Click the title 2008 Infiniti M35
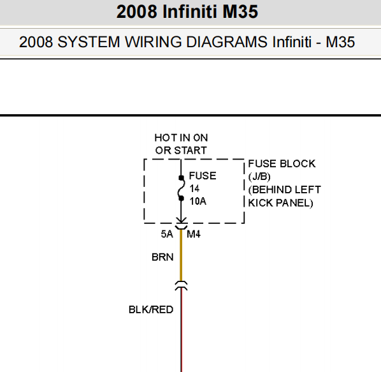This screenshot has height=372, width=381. pos(187,11)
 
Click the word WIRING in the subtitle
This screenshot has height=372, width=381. pos(153,42)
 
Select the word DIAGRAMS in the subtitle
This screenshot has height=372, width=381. pos(227,42)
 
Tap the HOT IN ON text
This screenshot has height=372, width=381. pos(182,138)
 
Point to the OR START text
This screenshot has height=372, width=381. pos(181,151)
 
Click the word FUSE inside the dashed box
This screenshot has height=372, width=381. pos(203,176)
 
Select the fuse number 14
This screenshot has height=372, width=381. pos(194,189)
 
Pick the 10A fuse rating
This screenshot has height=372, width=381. pos(198,202)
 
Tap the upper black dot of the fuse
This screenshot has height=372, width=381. pos(182,178)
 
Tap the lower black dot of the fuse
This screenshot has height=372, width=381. pos(182,198)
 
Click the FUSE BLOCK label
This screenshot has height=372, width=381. pos(282,164)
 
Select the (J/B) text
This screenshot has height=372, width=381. pos(259,177)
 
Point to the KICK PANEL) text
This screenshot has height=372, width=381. pos(280,203)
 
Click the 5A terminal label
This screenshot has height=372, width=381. pos(167,234)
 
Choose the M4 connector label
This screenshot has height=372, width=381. pos(194,234)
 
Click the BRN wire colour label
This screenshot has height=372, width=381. pos(162,257)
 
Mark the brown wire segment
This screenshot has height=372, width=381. pos(181,255)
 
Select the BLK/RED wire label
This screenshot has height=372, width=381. pos(151,309)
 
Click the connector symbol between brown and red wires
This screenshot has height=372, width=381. pos(181,286)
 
